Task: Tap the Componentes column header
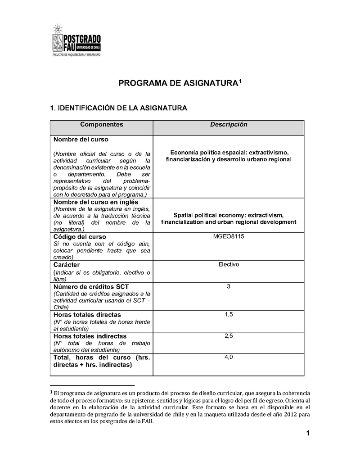(101, 125)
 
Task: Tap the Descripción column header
(229, 125)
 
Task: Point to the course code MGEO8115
(229, 236)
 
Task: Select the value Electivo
(229, 264)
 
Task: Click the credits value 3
(229, 286)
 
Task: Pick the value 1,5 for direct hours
(229, 314)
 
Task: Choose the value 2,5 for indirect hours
(229, 336)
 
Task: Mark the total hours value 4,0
(229, 357)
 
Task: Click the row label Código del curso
(80, 237)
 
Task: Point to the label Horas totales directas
(87, 315)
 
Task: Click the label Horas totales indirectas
(90, 336)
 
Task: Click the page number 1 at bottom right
(308, 434)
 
